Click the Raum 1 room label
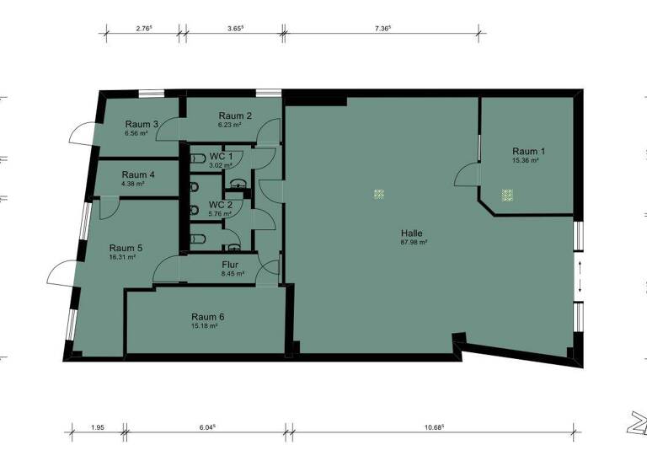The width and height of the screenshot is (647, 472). click(528, 152)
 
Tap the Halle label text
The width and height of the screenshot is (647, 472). click(412, 233)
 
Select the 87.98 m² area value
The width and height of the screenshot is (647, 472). click(413, 242)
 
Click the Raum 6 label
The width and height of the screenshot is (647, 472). click(207, 317)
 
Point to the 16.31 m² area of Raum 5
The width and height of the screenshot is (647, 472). click(122, 257)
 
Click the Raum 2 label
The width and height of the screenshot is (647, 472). click(235, 115)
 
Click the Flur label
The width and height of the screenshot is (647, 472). click(230, 265)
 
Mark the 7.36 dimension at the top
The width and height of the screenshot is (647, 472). click(382, 28)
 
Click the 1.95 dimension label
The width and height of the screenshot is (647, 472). click(99, 427)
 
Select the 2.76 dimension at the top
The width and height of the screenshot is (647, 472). click(143, 28)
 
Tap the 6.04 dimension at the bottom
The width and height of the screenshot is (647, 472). click(206, 427)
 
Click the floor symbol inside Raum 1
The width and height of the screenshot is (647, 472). click(507, 194)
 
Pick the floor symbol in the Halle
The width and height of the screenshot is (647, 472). click(379, 194)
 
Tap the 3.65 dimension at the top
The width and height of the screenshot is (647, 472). click(235, 28)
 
